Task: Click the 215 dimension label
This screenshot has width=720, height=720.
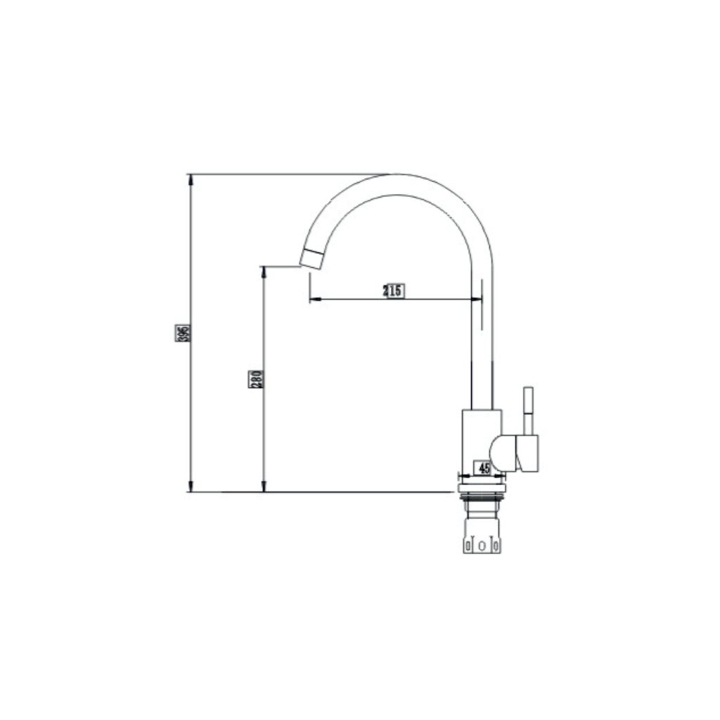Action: (x=394, y=290)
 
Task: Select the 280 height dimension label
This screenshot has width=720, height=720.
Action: (x=256, y=379)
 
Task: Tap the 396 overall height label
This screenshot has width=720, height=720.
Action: (x=182, y=333)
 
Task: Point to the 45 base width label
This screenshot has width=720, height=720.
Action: (x=484, y=468)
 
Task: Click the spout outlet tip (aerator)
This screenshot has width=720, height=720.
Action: (x=311, y=259)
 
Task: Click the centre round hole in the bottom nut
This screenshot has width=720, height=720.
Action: (x=482, y=546)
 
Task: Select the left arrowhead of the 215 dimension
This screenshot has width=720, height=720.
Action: (x=315, y=300)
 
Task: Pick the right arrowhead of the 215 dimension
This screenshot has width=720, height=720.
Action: (x=477, y=300)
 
